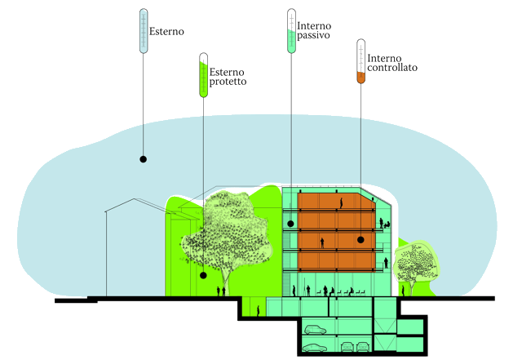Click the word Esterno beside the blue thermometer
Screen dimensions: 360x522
click(167, 33)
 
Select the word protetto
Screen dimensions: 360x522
click(229, 82)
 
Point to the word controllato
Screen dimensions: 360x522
click(392, 69)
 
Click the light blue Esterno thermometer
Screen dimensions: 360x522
click(144, 31)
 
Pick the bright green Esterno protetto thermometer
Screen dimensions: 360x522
click(203, 75)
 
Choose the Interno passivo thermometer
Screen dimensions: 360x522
click(291, 31)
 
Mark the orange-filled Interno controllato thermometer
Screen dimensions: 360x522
click(360, 63)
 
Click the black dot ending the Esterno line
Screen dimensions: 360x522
click(144, 158)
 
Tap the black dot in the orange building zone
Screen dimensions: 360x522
click(361, 240)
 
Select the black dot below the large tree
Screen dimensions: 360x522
click(203, 275)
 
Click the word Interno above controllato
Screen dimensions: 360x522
click(384, 57)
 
